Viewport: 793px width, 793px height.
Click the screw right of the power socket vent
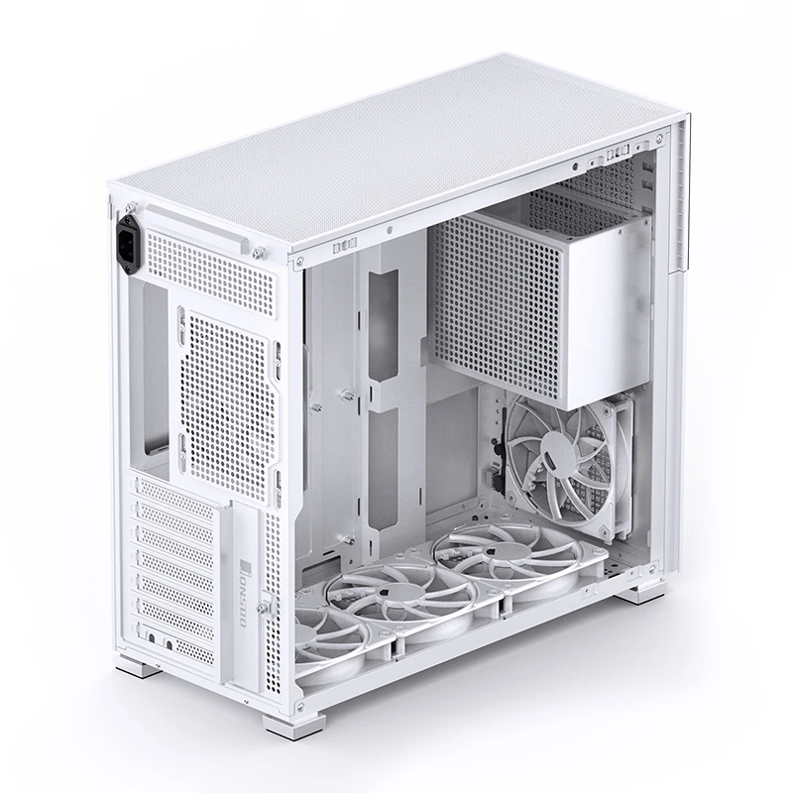[257, 251]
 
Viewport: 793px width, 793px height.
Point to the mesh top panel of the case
[396, 149]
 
